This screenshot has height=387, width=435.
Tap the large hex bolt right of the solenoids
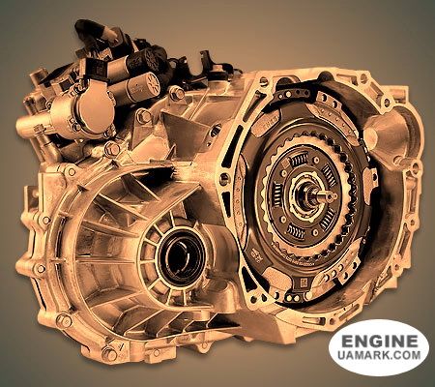[176, 94]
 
